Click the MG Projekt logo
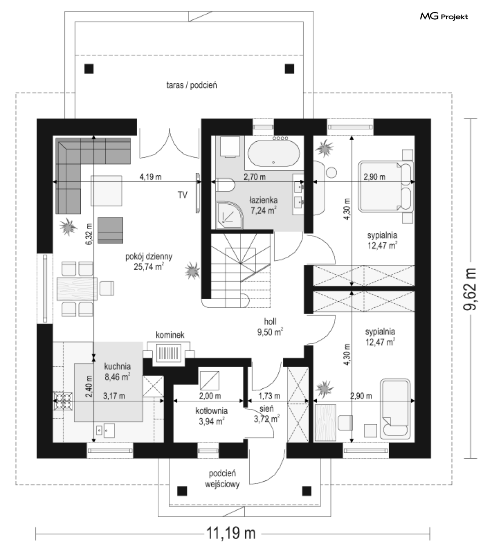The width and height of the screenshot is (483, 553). coord(444,17)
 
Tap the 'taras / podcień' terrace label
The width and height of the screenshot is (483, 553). coord(191,85)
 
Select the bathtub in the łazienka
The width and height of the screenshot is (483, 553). coord(274,152)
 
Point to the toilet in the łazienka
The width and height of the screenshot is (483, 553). coord(225,184)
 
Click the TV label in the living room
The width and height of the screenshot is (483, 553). coord(182,195)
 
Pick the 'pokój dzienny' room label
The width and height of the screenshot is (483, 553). coord(149,256)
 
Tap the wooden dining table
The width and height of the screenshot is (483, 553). coord(77,288)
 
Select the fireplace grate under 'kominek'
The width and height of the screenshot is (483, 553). coord(168,353)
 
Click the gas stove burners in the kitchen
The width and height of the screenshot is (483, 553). coord(63,401)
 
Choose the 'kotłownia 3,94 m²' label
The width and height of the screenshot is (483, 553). coord(212,416)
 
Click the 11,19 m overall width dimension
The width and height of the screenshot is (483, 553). coord(231,533)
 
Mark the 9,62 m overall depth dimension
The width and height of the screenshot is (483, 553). coord(470,289)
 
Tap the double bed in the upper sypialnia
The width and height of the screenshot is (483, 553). coord(385,186)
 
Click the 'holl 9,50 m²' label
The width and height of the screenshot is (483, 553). coord(270,327)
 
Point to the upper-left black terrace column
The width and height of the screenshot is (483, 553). coord(89,69)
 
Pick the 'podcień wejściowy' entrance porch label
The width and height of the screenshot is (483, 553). coord(222,478)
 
